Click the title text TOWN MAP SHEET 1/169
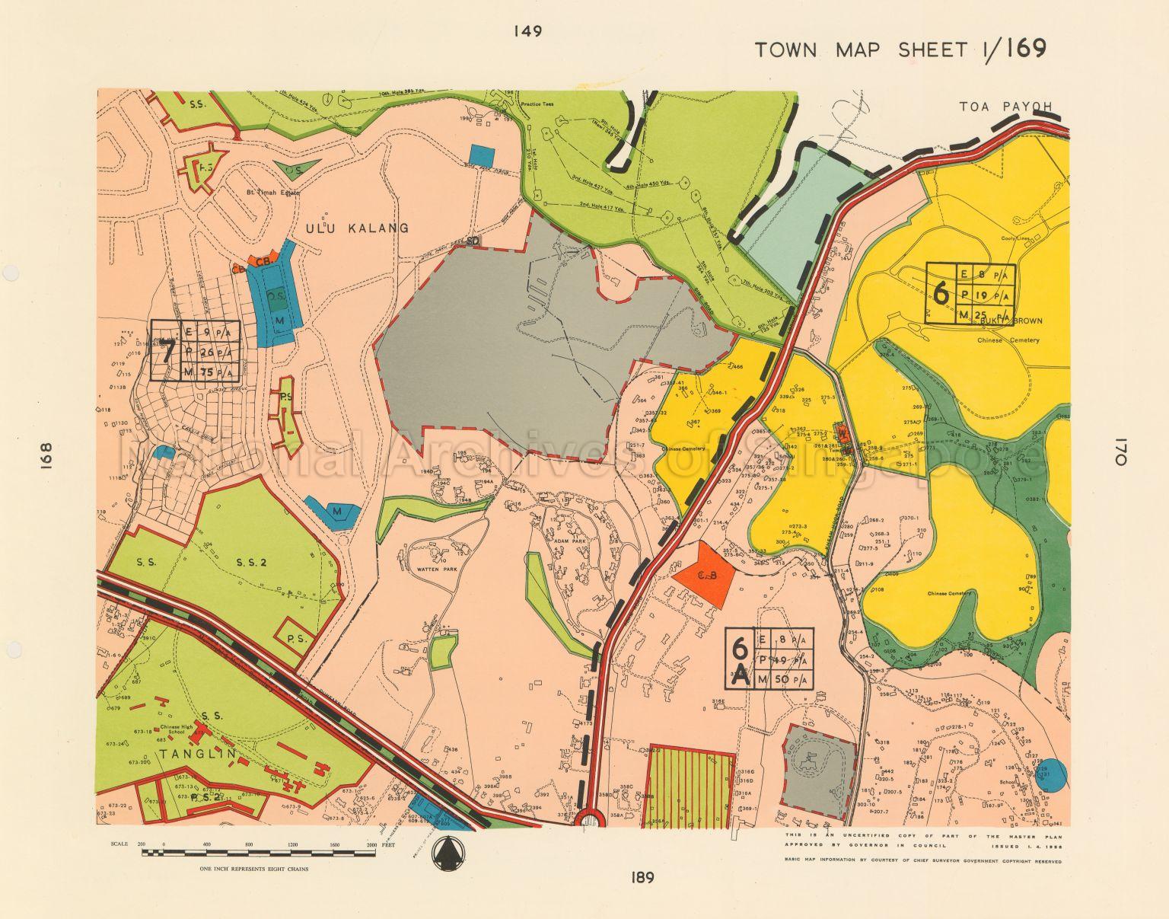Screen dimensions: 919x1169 (900, 49)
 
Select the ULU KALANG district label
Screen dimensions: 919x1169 (357, 228)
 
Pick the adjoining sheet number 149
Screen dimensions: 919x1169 (527, 31)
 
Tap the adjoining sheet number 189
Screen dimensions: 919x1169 (642, 878)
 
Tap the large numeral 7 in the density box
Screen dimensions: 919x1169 (167, 351)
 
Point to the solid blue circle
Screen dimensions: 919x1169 (1051, 774)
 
